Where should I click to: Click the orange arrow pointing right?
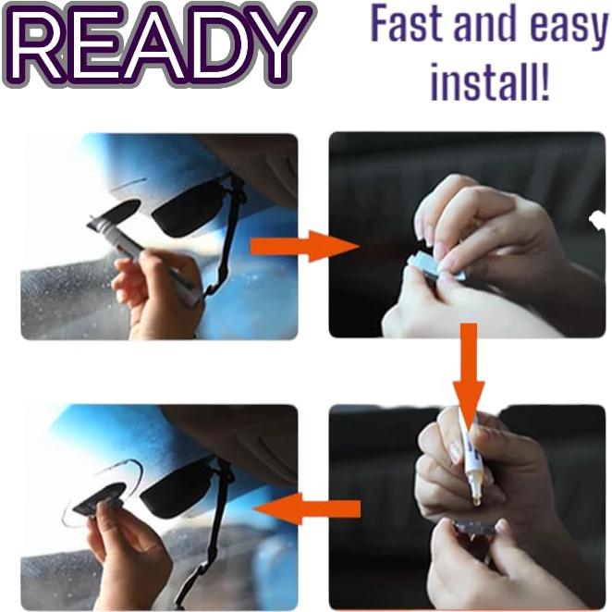[304, 246]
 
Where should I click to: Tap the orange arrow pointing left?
[306, 508]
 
